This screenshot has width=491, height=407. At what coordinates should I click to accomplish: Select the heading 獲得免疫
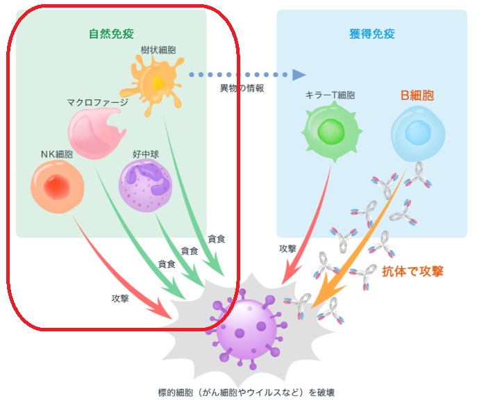point(372,33)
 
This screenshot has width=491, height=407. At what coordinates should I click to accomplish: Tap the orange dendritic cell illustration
point(154,84)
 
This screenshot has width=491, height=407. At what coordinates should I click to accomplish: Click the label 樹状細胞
point(156,51)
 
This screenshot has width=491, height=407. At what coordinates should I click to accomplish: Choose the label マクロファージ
point(97,102)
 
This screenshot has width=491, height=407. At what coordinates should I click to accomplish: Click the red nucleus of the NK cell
point(57,185)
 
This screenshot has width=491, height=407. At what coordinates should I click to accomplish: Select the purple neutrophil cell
point(147,185)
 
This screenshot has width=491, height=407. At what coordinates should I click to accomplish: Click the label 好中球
point(146,154)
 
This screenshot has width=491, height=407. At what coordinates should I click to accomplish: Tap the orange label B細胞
point(417,95)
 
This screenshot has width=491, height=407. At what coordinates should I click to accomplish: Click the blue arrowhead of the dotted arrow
point(299,74)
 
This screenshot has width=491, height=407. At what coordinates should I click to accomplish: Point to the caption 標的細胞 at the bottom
point(247,392)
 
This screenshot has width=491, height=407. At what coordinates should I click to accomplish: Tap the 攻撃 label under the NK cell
point(120,298)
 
